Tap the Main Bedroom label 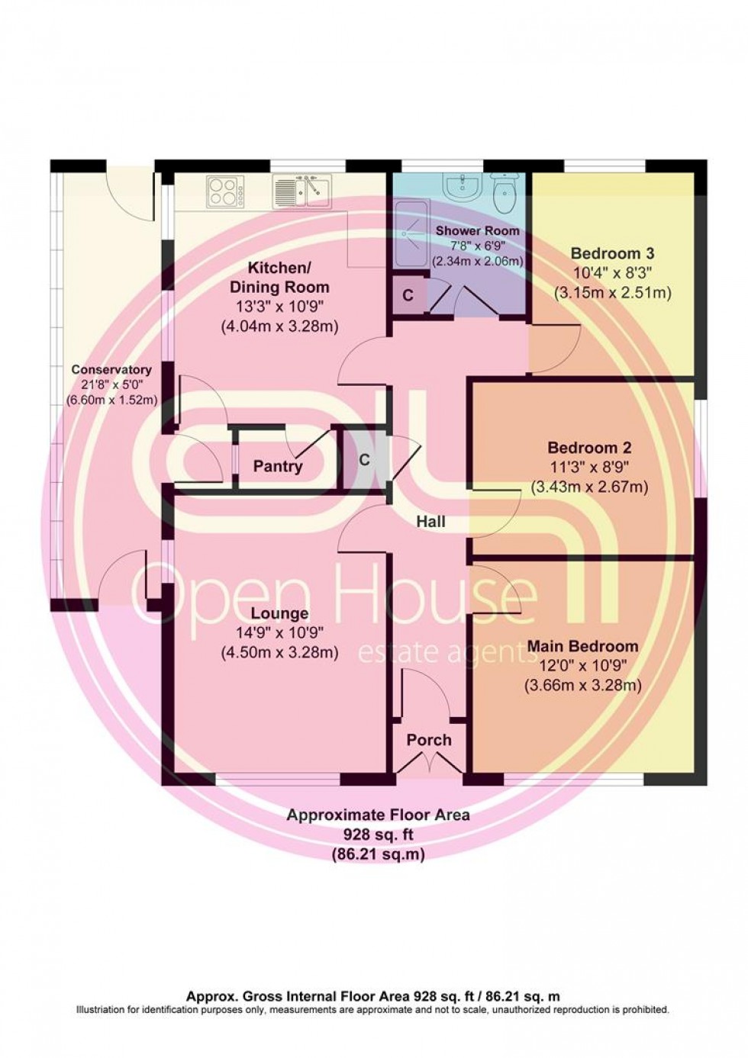click(582, 646)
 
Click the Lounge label click(279, 613)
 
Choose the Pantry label click(278, 466)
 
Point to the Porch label click(428, 740)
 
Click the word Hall click(431, 522)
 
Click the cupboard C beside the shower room click(408, 295)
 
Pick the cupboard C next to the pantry click(364, 460)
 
